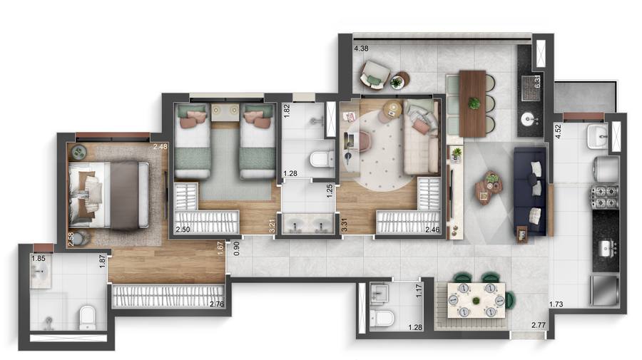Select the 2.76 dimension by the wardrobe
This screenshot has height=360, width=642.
pos(218,305)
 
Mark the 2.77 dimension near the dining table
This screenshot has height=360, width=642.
pos(540,326)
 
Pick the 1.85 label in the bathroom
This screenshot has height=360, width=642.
pos(39,259)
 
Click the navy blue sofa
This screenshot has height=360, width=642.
pos(529,191)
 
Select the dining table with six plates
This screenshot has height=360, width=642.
pos(475,300)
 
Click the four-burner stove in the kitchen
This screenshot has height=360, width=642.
pos(605,197)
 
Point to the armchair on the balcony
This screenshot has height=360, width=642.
pos(374,73)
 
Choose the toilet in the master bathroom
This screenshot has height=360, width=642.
pos(88,317)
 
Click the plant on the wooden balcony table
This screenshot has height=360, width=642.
pos(474,103)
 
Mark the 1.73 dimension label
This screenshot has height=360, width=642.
pos(558,304)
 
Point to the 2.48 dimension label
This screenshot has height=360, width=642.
pos(160,148)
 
